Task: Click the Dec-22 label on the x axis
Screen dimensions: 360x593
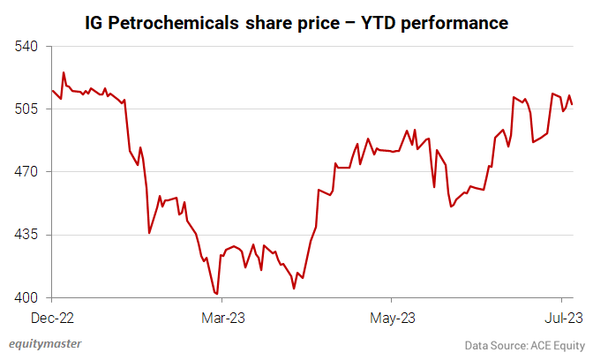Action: (x=53, y=316)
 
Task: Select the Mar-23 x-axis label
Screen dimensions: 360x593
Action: (x=224, y=316)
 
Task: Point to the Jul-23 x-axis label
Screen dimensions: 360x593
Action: (x=561, y=316)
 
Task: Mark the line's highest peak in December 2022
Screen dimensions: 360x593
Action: (x=64, y=72)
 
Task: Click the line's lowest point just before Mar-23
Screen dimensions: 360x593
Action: (x=217, y=294)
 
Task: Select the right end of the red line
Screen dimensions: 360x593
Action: (x=573, y=105)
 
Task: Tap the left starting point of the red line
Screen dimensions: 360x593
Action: (x=53, y=90)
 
